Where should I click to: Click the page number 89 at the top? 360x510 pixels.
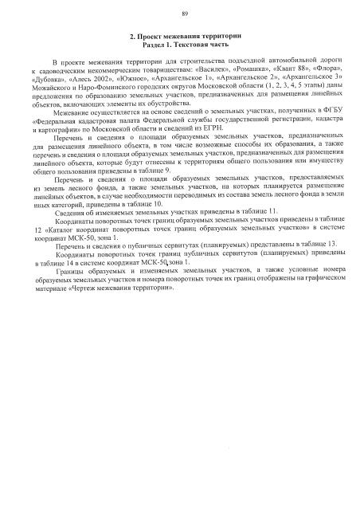click(184, 14)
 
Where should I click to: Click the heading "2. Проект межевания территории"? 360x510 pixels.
click(185, 38)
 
